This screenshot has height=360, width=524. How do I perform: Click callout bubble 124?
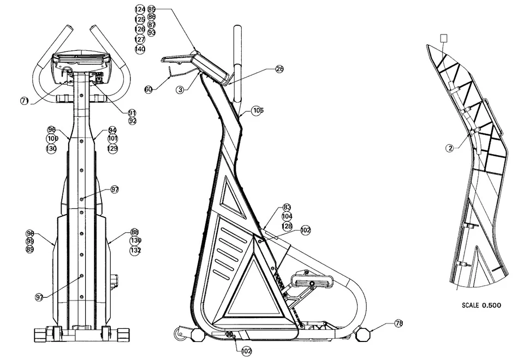tap(140, 10)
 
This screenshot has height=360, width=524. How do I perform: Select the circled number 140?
tap(140, 49)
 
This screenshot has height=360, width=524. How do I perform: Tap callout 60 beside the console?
tap(148, 89)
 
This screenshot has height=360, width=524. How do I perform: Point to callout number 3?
tap(180, 90)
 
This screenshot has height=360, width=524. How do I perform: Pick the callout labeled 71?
tap(25, 101)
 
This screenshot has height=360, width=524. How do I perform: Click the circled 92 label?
tap(132, 121)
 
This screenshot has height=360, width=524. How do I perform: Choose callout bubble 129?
tap(112, 149)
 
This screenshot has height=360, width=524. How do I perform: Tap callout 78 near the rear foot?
tap(398, 324)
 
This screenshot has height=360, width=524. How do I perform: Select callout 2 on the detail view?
tap(449, 148)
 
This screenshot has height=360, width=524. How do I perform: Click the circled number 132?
tap(135, 250)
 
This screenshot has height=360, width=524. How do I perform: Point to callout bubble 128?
tap(287, 226)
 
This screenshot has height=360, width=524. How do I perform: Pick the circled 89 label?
tap(30, 249)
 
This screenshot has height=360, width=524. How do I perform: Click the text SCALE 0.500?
tap(481, 305)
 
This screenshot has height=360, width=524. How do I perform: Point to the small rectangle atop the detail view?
tap(444, 38)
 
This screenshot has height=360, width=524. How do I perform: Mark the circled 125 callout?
tap(140, 20)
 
